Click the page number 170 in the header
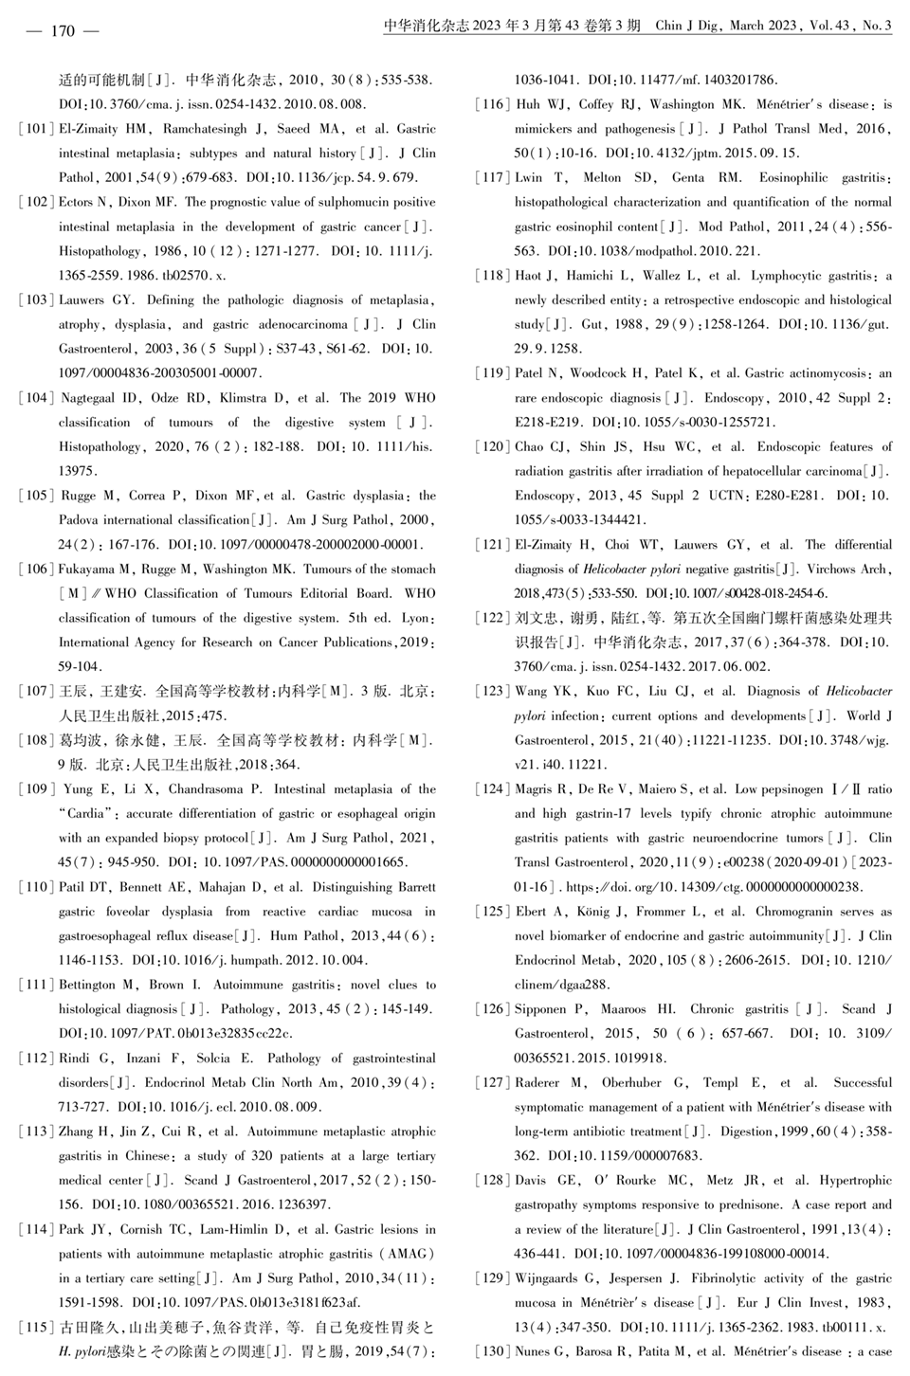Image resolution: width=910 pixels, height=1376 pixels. tap(63, 31)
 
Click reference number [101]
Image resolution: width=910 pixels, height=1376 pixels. tap(36, 129)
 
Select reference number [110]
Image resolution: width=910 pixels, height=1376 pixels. tap(36, 887)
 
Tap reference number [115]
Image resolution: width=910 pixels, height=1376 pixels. tap(36, 1326)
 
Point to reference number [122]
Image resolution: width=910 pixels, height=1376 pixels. tap(492, 618)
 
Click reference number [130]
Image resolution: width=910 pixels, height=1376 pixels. tap(492, 1350)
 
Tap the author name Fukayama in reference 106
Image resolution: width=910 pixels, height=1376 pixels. tap(86, 570)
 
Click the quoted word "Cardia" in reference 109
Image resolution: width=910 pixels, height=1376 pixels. tap(87, 813)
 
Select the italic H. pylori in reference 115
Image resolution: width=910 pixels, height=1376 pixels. tap(82, 1350)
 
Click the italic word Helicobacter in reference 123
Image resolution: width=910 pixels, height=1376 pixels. tap(859, 691)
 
